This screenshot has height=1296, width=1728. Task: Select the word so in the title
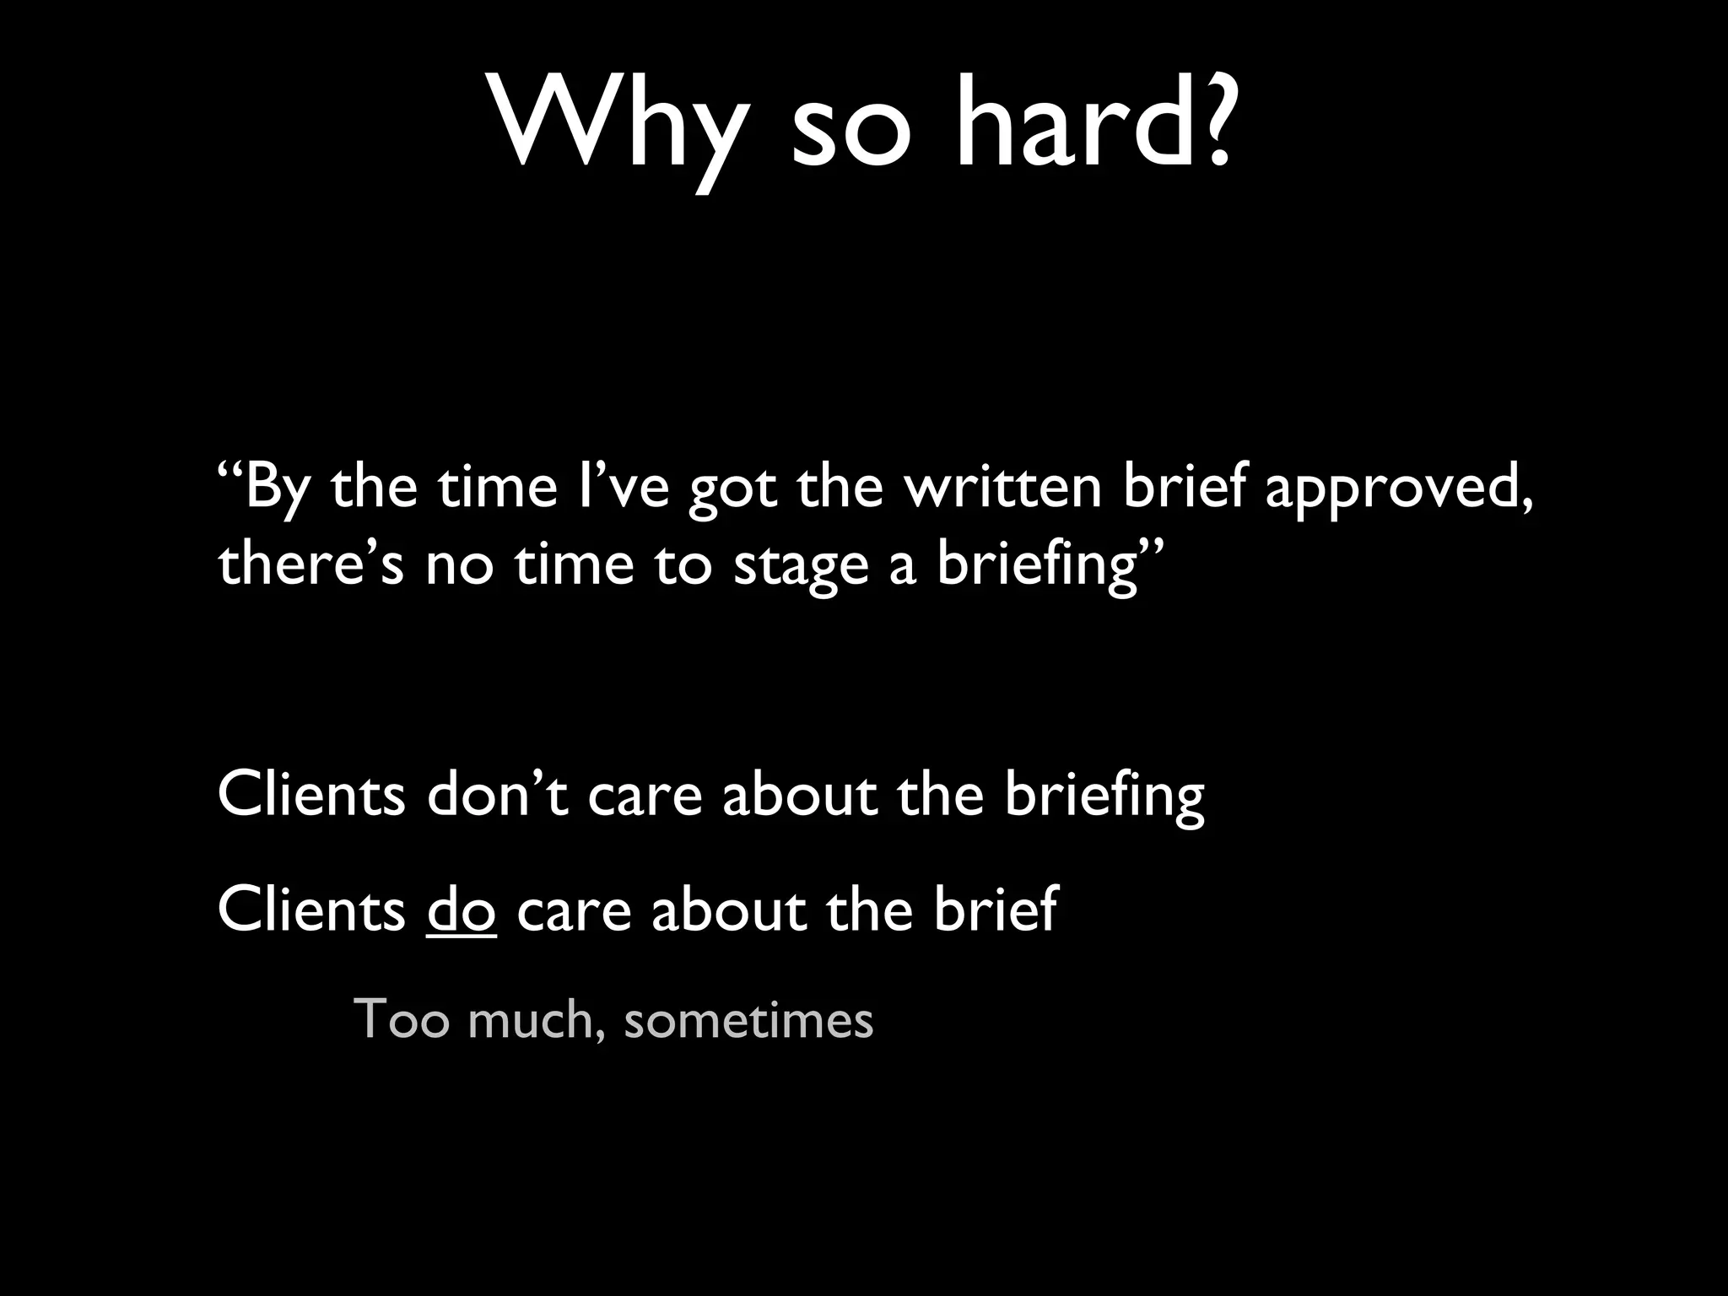tap(851, 132)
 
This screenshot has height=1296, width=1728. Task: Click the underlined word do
tap(461, 909)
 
